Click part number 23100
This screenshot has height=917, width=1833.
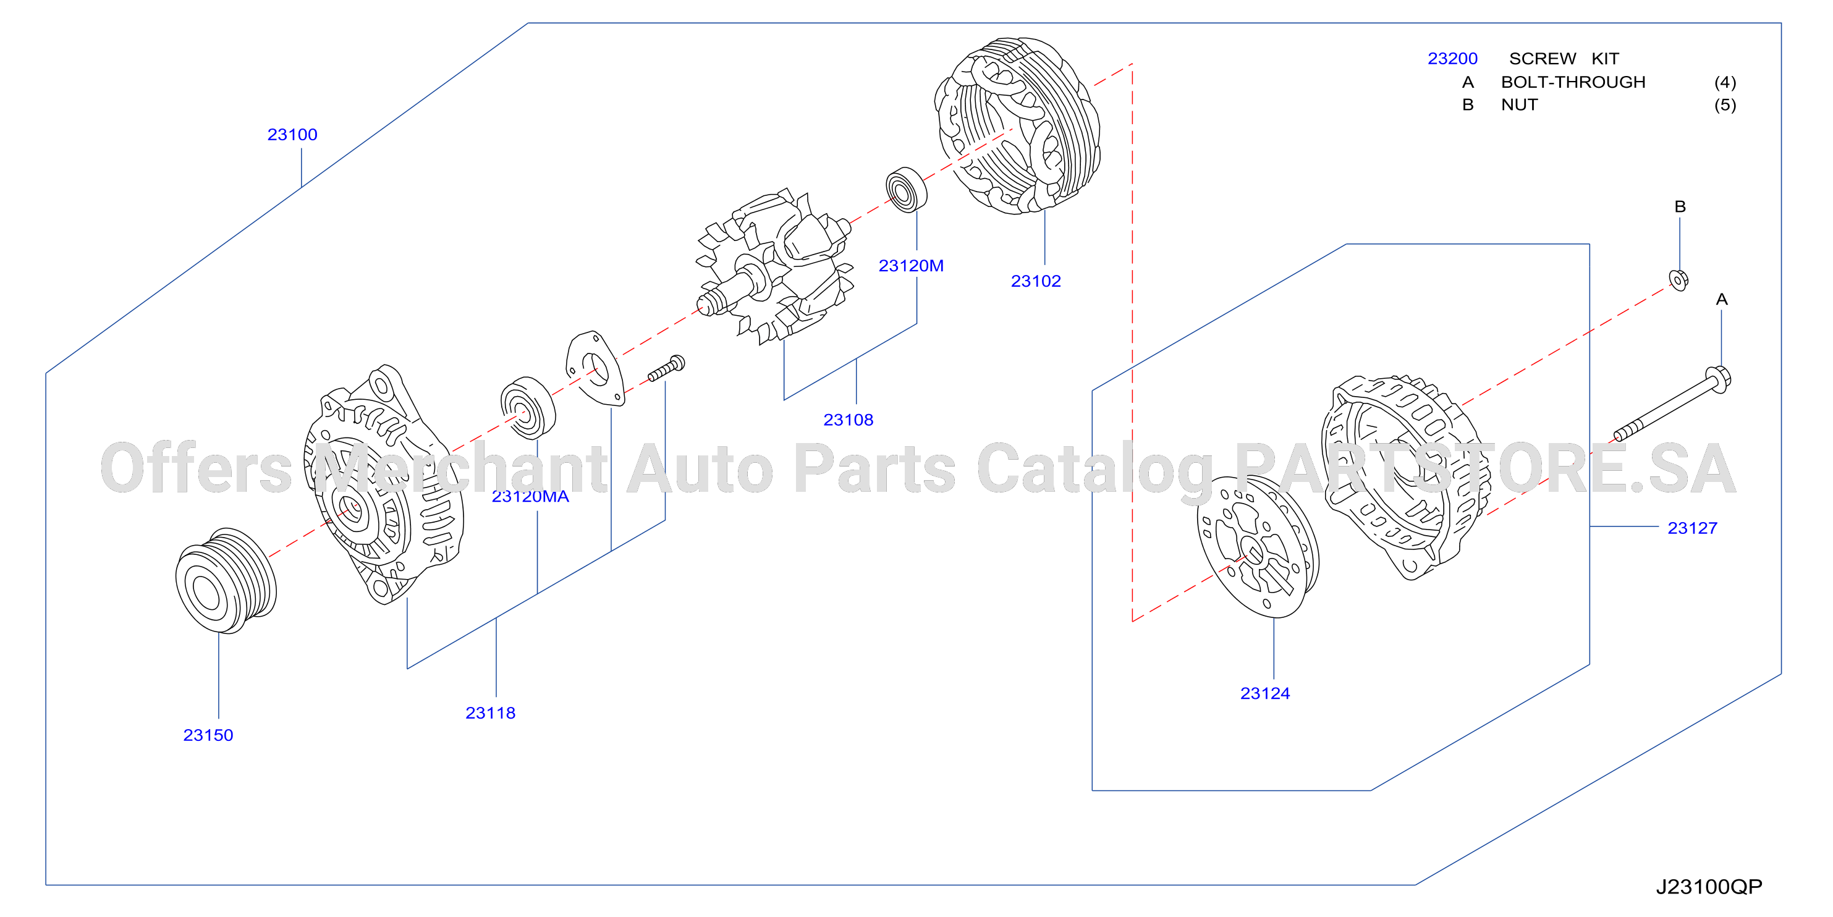292,135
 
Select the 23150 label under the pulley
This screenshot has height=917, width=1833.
208,735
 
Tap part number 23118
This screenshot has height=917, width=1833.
490,713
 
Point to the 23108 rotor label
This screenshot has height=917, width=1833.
848,420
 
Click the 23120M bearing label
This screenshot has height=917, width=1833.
911,265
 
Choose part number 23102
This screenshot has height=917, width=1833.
1036,281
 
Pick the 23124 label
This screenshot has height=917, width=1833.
1265,693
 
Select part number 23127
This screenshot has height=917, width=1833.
1692,528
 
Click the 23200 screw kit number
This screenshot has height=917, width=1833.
1452,58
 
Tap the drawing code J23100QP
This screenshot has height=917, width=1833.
1709,886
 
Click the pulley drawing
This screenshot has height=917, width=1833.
226,580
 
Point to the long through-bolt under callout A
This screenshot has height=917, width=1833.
1672,404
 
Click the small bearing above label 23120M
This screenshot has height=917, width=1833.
907,189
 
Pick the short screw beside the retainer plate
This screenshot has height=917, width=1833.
667,368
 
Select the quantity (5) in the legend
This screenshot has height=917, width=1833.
1725,104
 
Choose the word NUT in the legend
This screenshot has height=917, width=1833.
1519,104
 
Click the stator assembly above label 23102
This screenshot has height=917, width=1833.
1017,126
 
